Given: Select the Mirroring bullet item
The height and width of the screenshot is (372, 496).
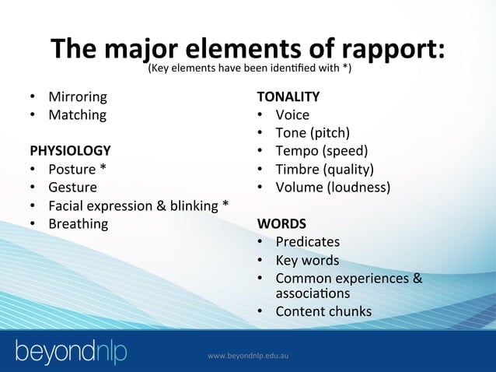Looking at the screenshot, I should pos(78,97).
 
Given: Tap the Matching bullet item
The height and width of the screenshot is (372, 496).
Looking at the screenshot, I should pos(77,115).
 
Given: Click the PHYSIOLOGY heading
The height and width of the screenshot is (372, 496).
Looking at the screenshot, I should pos(70,150).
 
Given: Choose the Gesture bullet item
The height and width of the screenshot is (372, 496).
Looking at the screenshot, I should pos(72,188).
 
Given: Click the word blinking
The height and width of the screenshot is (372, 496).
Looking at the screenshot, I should pos(188,206).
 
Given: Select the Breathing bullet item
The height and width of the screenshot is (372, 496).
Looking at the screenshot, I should pos(78,224).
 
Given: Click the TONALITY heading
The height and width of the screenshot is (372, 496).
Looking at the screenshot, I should pos(288,97).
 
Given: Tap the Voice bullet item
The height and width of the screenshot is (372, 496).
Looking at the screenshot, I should pos(292,115).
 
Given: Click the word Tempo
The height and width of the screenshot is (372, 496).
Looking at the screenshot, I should pos(296,151).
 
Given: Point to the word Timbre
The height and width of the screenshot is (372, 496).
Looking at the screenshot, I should pos(299,170).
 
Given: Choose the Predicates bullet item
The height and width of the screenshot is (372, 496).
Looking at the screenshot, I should pos(307,242).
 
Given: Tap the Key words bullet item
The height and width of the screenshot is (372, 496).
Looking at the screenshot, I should pos(307,261).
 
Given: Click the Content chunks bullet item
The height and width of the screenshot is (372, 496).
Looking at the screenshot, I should pos(323,312).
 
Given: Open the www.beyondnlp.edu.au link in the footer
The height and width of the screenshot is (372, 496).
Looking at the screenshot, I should pos(248,356).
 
